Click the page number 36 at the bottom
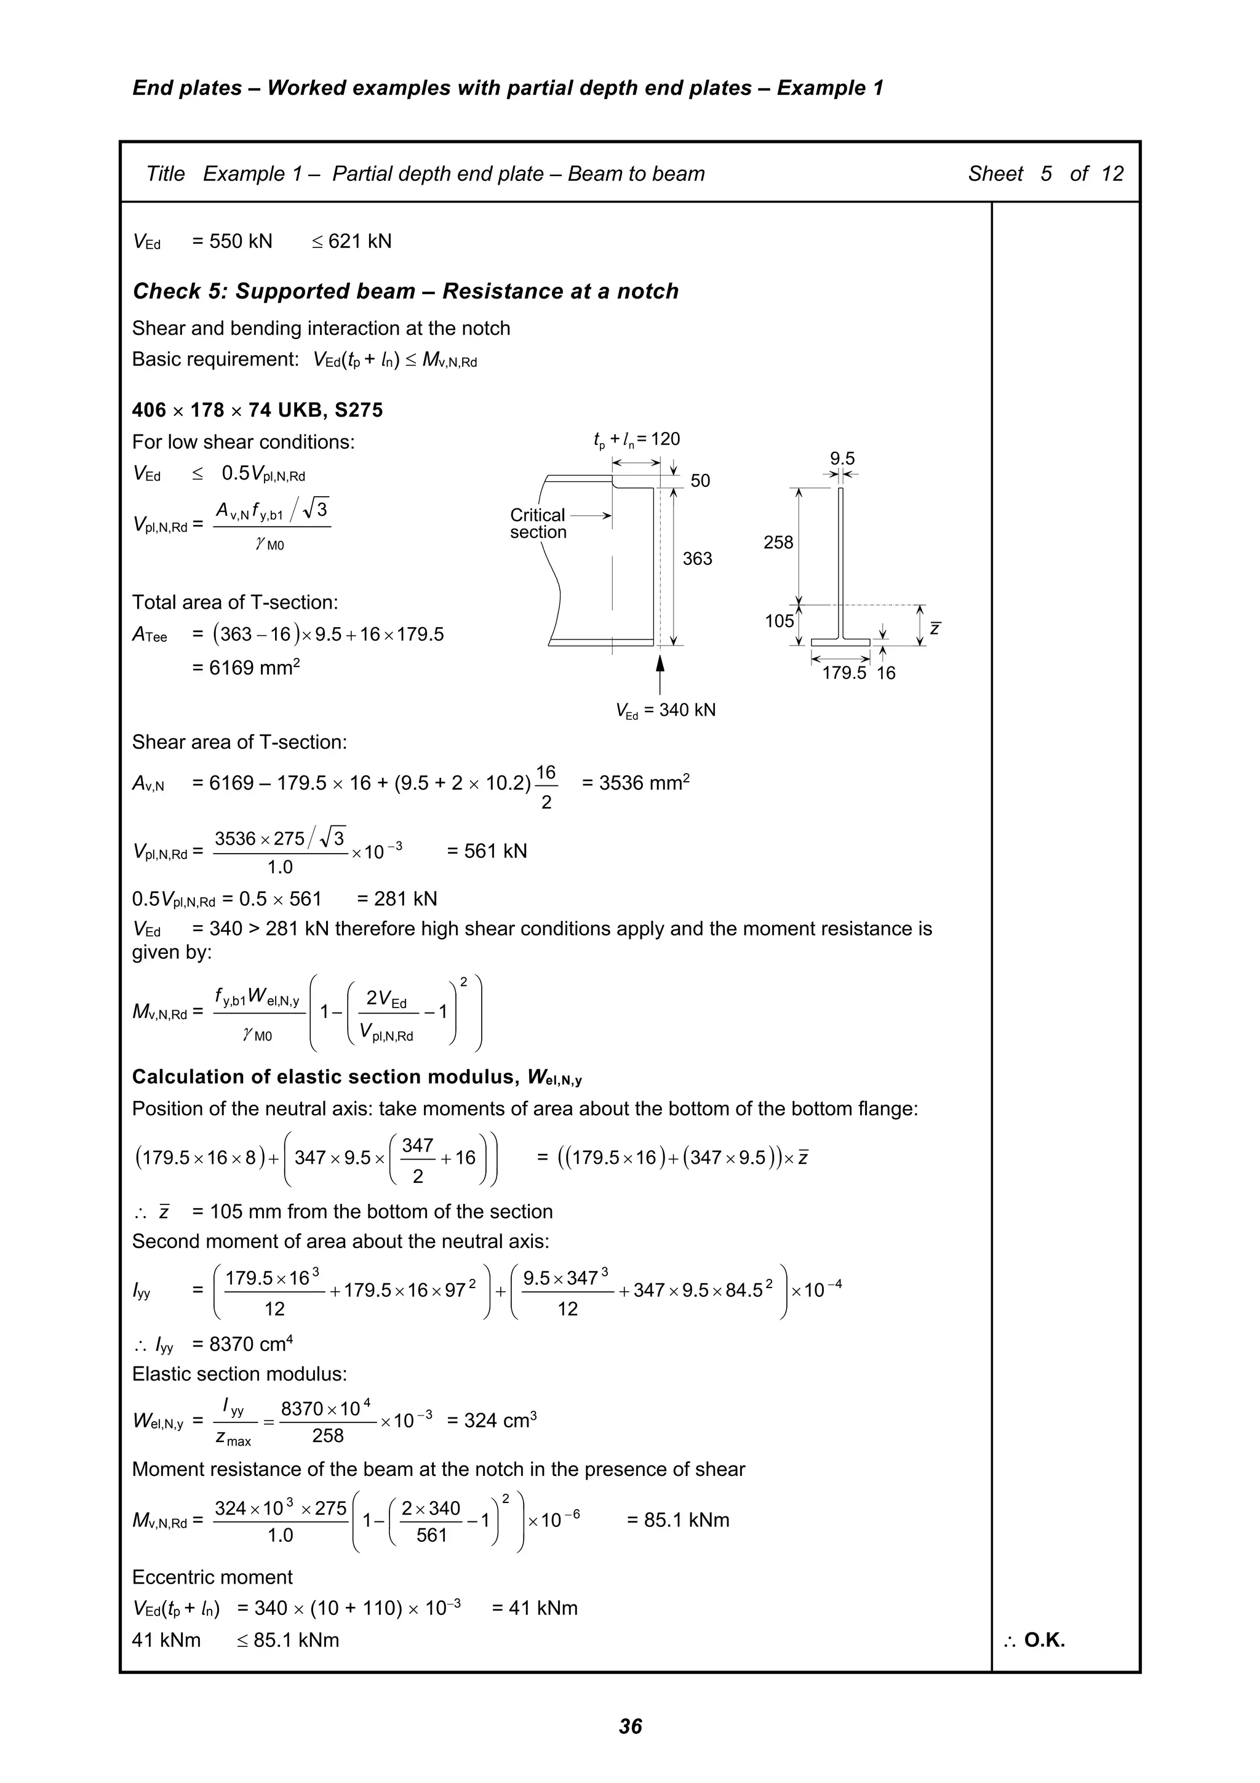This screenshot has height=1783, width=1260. tap(629, 1726)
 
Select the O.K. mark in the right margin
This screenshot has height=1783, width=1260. tap(1035, 1640)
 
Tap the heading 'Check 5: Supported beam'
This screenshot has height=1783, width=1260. tap(405, 291)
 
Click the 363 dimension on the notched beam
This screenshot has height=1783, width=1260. tap(697, 558)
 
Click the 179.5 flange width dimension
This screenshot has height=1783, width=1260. tap(844, 673)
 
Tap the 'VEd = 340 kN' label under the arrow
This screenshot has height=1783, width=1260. tap(665, 710)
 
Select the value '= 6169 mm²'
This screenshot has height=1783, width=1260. tap(245, 667)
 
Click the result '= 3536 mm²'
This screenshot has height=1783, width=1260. tap(635, 782)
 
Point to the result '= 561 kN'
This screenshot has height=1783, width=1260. tap(487, 851)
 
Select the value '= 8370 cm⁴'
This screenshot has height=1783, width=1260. tap(242, 1344)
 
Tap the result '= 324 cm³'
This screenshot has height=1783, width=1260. tap(492, 1420)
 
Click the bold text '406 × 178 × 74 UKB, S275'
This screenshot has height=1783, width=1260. tap(257, 410)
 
